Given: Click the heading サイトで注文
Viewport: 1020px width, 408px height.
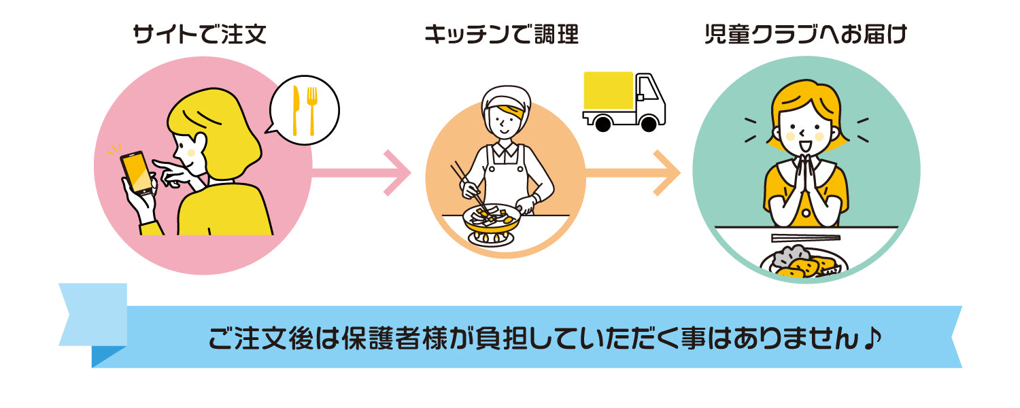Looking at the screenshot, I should point(199,35).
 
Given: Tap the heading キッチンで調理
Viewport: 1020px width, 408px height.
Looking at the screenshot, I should point(501,35).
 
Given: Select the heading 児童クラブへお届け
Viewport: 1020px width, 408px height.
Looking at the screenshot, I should point(806,35).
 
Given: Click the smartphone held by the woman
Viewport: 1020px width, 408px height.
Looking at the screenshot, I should point(137,173).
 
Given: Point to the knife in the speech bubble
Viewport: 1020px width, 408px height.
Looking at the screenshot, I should point(296,109).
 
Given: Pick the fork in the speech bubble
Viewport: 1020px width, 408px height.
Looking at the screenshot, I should point(312,111).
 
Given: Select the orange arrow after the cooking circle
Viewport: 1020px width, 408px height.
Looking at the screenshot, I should point(632,173).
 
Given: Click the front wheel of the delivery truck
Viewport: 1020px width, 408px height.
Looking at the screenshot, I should point(649,123).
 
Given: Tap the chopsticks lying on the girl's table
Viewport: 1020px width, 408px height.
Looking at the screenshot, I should point(806,238).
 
